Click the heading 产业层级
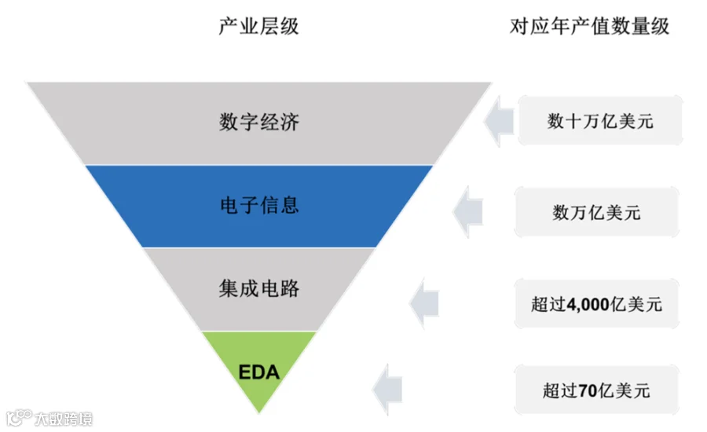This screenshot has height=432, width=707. (258, 27)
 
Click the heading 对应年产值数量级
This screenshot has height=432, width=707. (589, 27)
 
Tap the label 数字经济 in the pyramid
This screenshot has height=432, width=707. (258, 123)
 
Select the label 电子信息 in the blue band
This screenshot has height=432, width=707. (258, 206)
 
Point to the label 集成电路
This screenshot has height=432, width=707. (258, 289)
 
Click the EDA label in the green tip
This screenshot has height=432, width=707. (258, 372)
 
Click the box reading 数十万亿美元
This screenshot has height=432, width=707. (600, 122)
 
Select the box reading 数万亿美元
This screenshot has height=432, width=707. (596, 212)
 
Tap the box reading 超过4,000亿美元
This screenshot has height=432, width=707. (596, 304)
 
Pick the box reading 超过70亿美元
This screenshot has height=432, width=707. (596, 390)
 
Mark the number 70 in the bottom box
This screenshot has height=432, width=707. (586, 390)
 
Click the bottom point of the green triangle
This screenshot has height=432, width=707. (258, 412)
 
